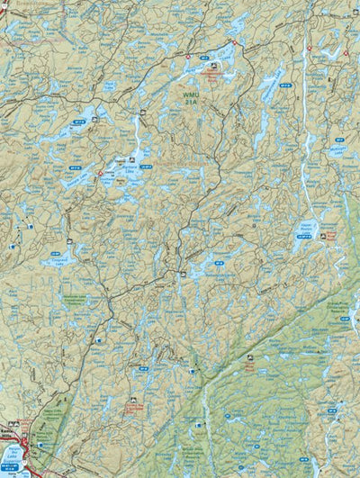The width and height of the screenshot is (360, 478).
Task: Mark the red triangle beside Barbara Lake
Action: (x=100, y=173)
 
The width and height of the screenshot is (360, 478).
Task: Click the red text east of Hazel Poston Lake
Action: (x=330, y=236)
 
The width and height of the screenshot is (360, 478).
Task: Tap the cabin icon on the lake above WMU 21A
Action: (x=213, y=65)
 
